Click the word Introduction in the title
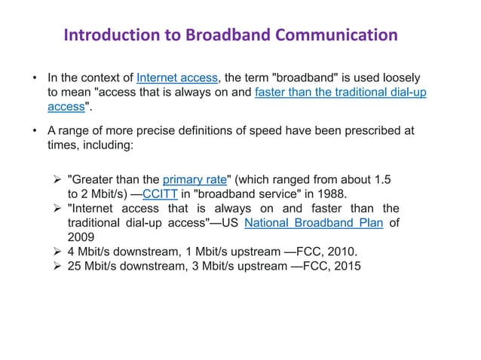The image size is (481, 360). coord(110,35)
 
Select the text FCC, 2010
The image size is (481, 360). coord(327,252)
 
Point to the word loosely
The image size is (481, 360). coord(400,78)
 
